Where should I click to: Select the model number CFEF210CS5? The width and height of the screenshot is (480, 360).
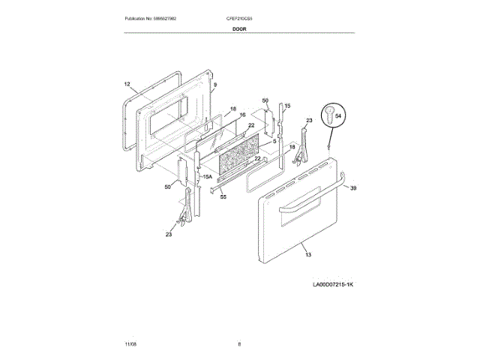pyautogui.click(x=240, y=17)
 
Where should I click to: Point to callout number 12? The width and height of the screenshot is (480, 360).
pyautogui.click(x=127, y=85)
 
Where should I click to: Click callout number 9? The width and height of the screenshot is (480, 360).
pyautogui.click(x=214, y=85)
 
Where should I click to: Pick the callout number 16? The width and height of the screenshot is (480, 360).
pyautogui.click(x=242, y=115)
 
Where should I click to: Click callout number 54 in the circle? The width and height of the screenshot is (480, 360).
pyautogui.click(x=337, y=115)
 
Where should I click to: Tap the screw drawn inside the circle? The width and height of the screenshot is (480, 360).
pyautogui.click(x=328, y=115)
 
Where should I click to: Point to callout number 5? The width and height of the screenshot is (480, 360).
pyautogui.click(x=274, y=140)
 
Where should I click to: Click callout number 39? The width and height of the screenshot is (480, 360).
pyautogui.click(x=354, y=187)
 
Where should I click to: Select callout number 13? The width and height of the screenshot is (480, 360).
pyautogui.click(x=307, y=255)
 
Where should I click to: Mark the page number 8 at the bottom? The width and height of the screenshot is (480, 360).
pyautogui.click(x=239, y=343)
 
